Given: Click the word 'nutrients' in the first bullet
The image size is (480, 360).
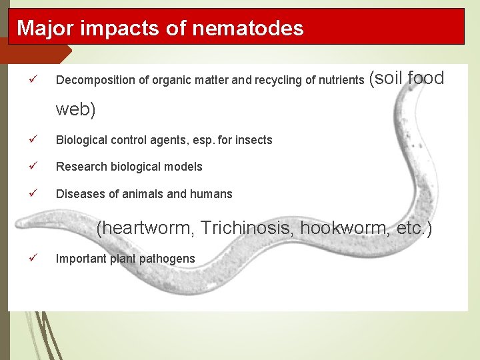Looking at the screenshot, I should coord(340,81).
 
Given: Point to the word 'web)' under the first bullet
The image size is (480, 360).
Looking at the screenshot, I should coord(76,109).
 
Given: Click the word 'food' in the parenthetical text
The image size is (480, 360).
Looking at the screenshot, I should coord(424,78).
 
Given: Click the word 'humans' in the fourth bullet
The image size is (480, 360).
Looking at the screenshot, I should coord(211,194).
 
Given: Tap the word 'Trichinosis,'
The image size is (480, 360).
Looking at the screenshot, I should coord(248,229).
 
